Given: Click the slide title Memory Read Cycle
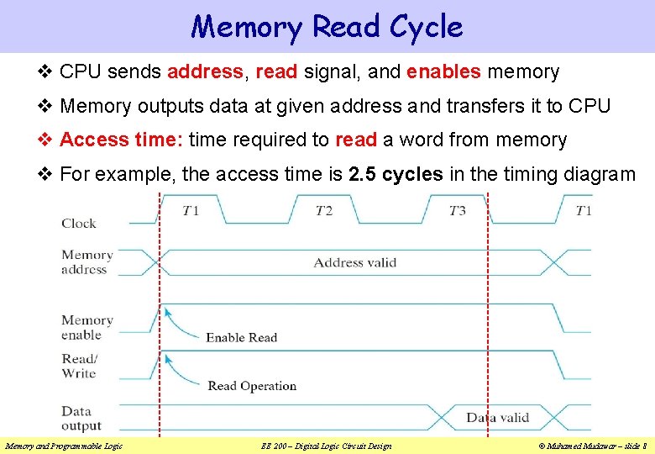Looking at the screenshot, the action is point(327,27).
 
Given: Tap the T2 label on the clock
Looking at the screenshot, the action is point(323,210).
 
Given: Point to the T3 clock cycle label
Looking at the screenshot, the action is point(457,210).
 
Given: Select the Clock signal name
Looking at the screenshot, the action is point(79,223).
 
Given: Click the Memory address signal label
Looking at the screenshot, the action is point(86,262).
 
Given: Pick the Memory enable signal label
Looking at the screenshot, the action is point(86,327).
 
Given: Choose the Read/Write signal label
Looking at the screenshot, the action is point(79,366).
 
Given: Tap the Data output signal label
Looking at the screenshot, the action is point(81,419).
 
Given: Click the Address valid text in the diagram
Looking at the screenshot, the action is point(354,262).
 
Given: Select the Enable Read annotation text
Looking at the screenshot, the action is point(241,338).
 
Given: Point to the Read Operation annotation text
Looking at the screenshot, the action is point(252,386).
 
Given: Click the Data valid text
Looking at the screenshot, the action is point(498,417).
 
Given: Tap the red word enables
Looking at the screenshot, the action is point(443,72).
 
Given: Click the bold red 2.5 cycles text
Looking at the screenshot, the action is point(396,175).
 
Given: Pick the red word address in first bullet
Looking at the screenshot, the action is point(205,72).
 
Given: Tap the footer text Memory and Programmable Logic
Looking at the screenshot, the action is point(64,446).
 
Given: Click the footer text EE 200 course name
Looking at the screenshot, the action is point(327,446).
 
